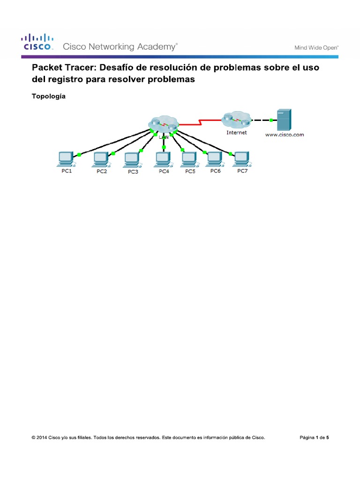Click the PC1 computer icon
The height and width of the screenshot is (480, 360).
[x=65, y=159]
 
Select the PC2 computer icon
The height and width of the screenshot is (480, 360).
[x=101, y=159]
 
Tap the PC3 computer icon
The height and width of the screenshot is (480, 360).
[x=132, y=159]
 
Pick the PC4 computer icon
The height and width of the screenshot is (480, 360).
[x=163, y=159]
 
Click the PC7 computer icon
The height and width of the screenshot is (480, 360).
[x=241, y=159]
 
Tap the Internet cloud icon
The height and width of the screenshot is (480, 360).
[x=236, y=120]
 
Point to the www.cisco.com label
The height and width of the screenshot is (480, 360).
[x=285, y=135]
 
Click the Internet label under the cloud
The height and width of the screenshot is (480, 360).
[x=236, y=133]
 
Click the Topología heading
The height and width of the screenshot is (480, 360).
[x=48, y=97]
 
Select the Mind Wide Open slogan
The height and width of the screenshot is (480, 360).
[x=316, y=47]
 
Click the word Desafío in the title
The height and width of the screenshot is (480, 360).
[x=120, y=67]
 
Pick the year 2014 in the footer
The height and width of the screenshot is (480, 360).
[x=42, y=438]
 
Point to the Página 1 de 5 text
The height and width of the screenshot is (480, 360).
[x=314, y=438]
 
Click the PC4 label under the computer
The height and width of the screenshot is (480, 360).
[x=164, y=172]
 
